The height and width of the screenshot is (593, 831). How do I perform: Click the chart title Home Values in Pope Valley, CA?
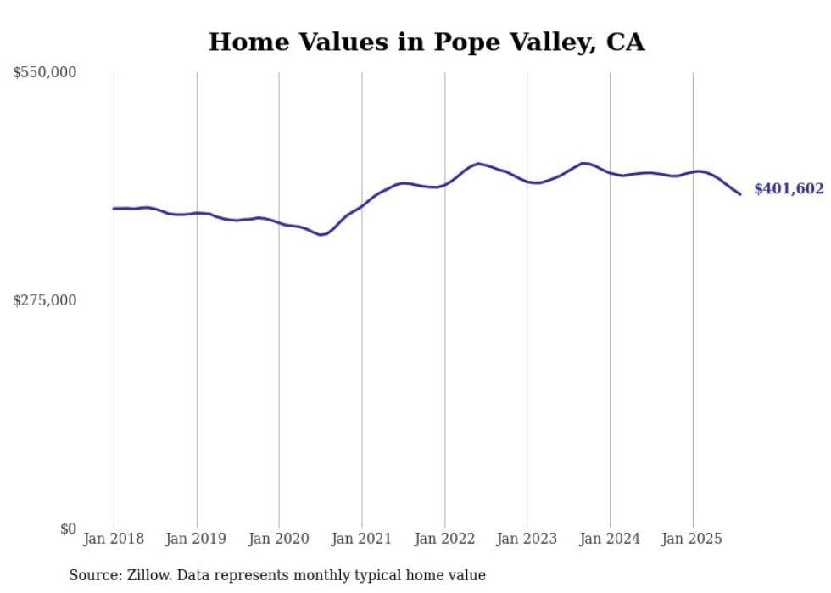[x=427, y=42]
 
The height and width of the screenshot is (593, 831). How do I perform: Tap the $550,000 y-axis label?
[x=45, y=73]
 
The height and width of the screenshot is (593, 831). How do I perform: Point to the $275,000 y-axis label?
[x=45, y=300]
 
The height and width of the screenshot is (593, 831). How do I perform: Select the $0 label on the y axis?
[x=68, y=529]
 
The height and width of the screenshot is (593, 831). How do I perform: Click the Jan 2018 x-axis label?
[x=114, y=539]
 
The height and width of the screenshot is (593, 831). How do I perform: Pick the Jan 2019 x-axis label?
[x=197, y=539]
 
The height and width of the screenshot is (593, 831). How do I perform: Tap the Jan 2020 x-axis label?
[x=279, y=539]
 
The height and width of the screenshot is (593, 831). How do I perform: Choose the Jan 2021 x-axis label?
[x=362, y=539]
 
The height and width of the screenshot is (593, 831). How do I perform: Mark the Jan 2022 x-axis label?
[x=444, y=539]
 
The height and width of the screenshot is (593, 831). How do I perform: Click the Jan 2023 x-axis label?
[x=527, y=539]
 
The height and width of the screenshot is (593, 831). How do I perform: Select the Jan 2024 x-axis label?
[x=610, y=539]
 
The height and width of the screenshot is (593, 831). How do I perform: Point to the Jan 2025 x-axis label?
[x=693, y=539]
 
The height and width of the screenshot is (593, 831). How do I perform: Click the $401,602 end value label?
[x=789, y=189]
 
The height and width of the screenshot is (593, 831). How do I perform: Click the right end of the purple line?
[x=740, y=194]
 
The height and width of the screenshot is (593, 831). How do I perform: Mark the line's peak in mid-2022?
[x=479, y=163]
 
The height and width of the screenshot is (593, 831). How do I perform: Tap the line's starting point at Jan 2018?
[x=114, y=208]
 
